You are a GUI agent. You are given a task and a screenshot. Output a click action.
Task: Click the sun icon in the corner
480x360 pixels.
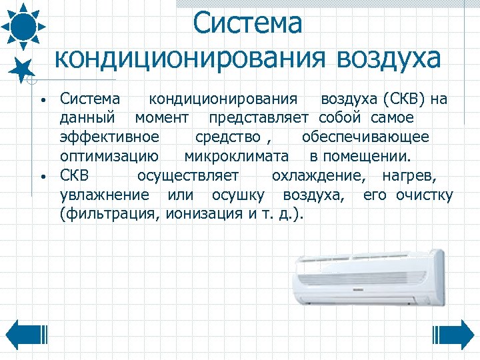coord(23,25)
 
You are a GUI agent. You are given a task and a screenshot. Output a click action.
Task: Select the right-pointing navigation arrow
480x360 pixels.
coord(454,335)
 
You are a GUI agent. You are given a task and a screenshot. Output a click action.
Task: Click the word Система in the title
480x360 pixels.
coord(248,23)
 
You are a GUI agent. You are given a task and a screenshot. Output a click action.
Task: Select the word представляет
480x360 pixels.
coord(258,119)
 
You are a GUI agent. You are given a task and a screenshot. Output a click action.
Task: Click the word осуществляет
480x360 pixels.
coord(187,177)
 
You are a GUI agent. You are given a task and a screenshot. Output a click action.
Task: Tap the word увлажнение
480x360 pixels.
coord(105,196)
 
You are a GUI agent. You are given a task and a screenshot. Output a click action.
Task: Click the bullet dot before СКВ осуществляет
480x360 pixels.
coord(42,177)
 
